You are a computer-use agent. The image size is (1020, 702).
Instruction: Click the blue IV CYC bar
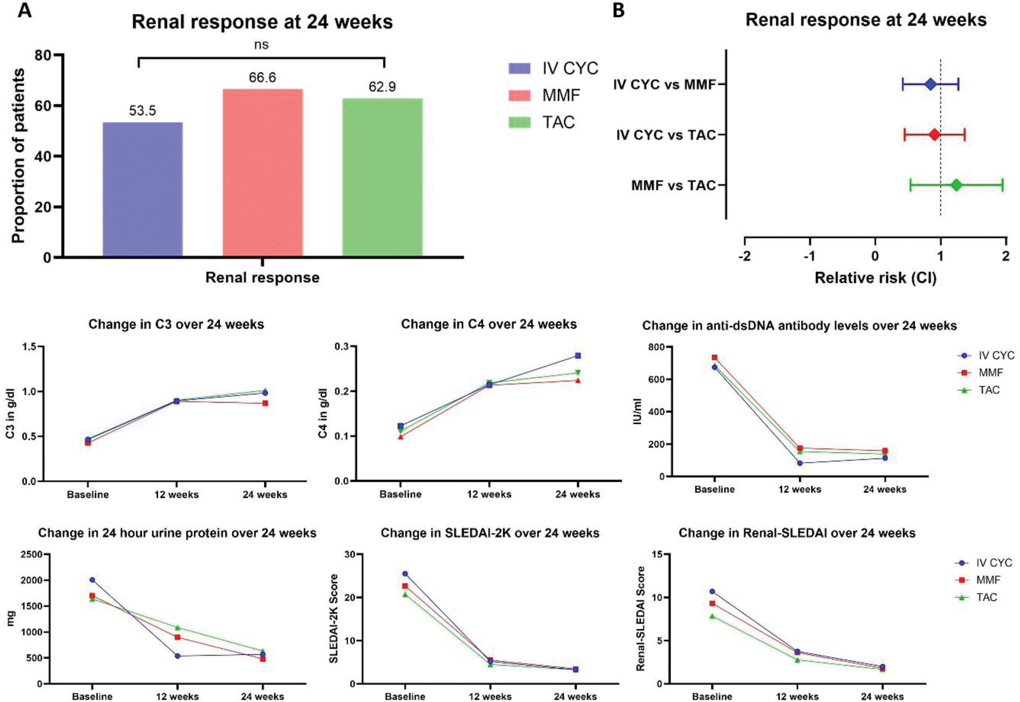coord(142,189)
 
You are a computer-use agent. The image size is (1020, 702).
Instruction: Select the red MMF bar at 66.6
coord(263,172)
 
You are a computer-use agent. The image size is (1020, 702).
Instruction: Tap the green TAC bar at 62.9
coord(382,177)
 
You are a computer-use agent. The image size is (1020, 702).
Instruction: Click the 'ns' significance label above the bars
coord(261,45)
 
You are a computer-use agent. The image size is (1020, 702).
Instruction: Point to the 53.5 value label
coord(142,111)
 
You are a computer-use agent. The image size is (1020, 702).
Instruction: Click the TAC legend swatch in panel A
coord(519,122)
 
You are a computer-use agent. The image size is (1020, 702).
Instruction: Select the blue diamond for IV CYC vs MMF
coord(930,84)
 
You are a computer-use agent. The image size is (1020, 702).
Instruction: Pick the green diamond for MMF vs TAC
coord(956,185)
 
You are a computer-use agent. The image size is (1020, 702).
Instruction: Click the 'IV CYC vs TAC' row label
coord(665,135)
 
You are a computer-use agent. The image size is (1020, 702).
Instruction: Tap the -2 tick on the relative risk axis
coord(745,256)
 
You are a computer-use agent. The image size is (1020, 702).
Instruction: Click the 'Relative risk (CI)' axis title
coord(875,278)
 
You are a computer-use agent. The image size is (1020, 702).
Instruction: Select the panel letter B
coord(618,10)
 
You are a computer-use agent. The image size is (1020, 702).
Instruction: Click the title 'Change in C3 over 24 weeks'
coord(176,325)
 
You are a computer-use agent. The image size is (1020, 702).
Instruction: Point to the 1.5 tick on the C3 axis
coord(29,347)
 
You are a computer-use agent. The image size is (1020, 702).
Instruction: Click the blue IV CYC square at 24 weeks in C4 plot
coord(578,355)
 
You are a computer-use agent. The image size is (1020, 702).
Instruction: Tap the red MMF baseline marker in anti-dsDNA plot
coord(715,358)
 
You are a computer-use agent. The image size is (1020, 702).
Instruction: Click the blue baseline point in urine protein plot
coord(92,580)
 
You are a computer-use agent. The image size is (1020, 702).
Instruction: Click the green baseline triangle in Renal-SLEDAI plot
coord(712,616)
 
